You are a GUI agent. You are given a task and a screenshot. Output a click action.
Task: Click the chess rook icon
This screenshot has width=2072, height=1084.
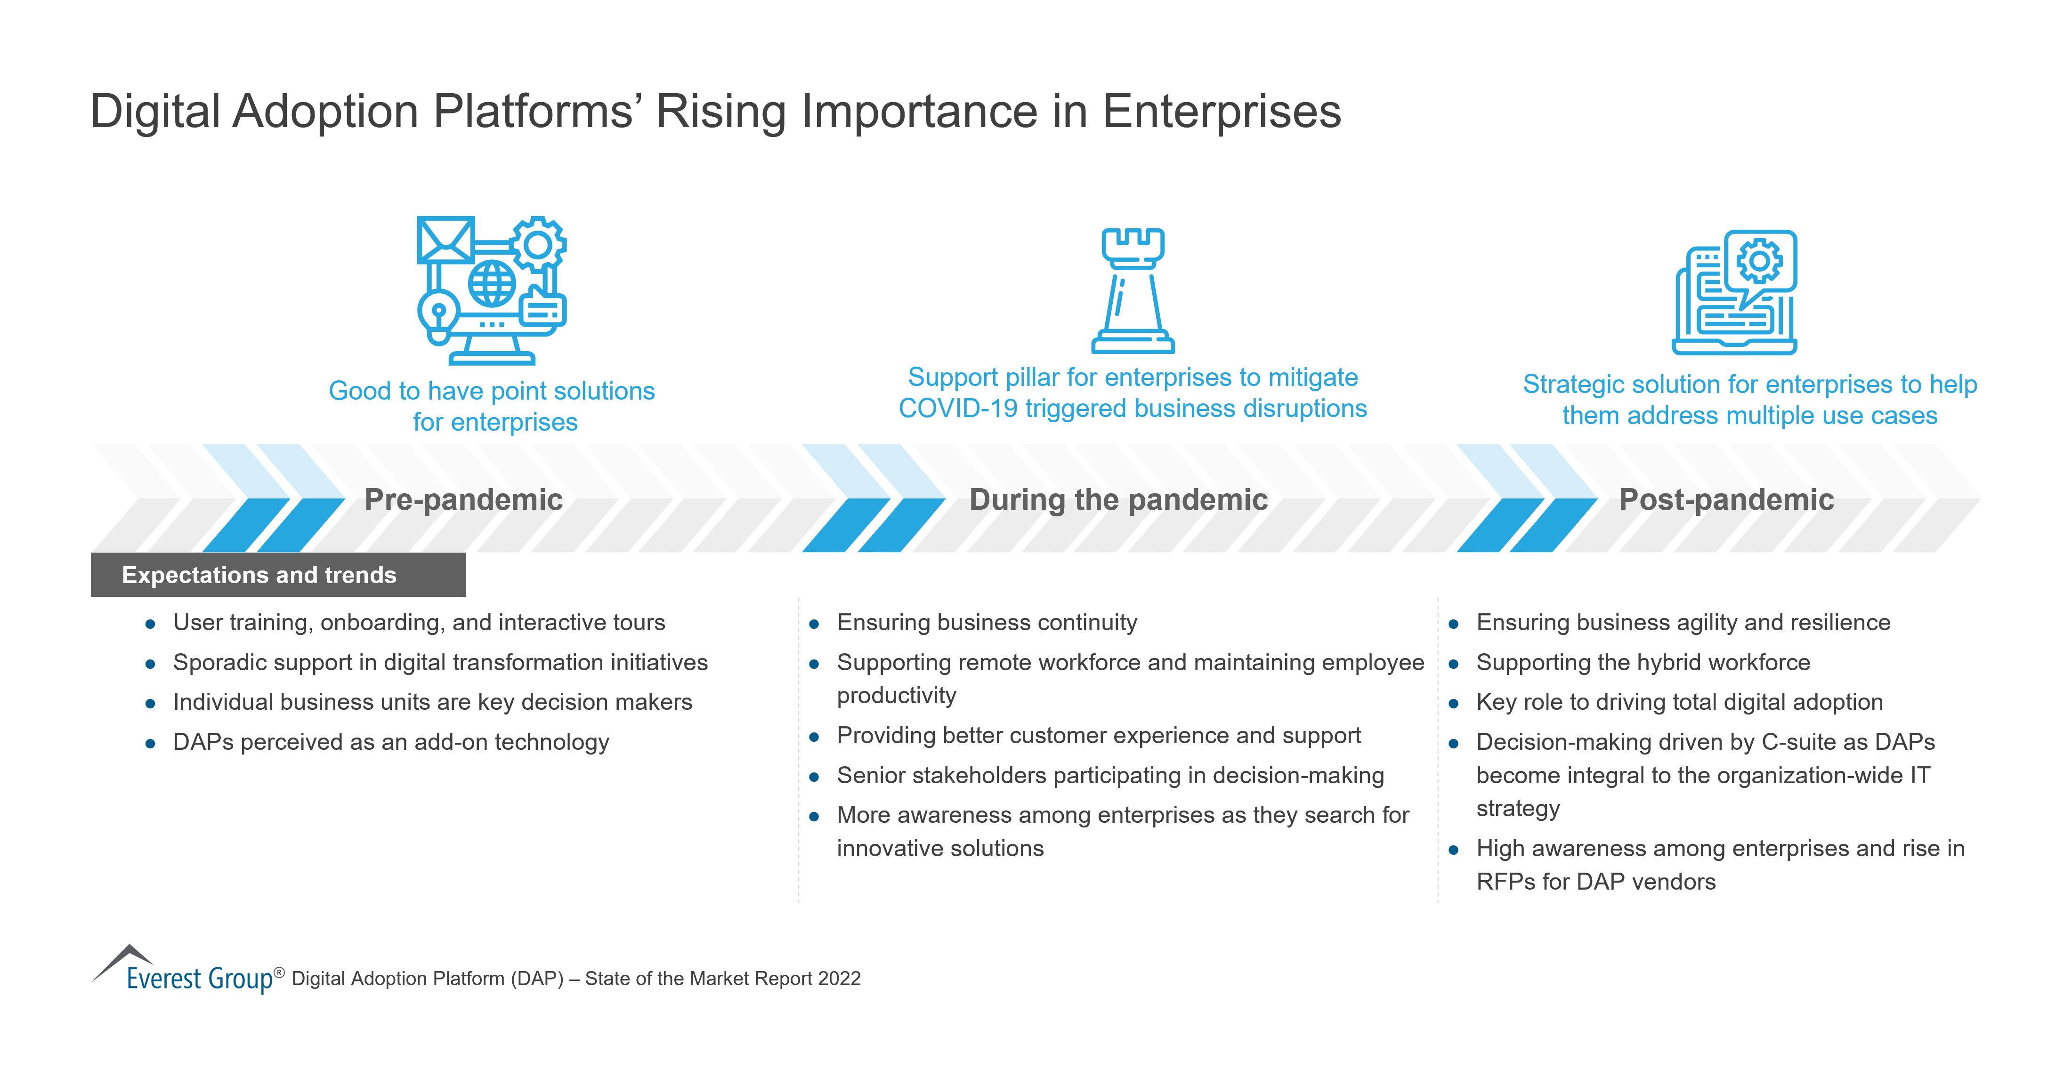(1133, 290)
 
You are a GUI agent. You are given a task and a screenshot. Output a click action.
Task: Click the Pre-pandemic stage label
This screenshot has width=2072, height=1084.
(463, 499)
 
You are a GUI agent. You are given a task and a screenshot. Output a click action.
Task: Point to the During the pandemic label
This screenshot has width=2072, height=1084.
(1118, 499)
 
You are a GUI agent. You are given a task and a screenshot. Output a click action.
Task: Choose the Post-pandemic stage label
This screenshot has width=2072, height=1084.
(1726, 499)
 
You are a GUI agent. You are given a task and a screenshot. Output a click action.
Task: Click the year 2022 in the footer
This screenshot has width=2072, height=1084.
(839, 979)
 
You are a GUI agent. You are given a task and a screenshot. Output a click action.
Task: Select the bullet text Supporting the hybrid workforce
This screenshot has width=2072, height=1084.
(1643, 663)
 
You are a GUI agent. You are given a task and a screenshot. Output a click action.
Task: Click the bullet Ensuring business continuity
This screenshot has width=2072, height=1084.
(986, 622)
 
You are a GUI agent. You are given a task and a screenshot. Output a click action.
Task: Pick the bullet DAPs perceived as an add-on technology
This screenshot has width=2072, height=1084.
(391, 742)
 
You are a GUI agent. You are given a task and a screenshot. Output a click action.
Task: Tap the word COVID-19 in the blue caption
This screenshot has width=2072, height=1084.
(957, 409)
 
